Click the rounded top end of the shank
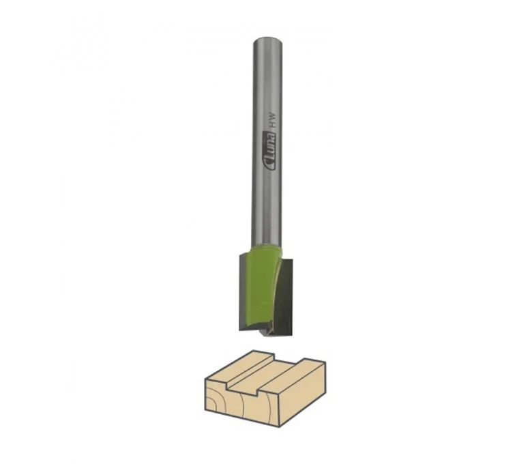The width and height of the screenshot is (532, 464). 267,40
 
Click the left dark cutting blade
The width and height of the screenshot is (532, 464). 245,292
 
